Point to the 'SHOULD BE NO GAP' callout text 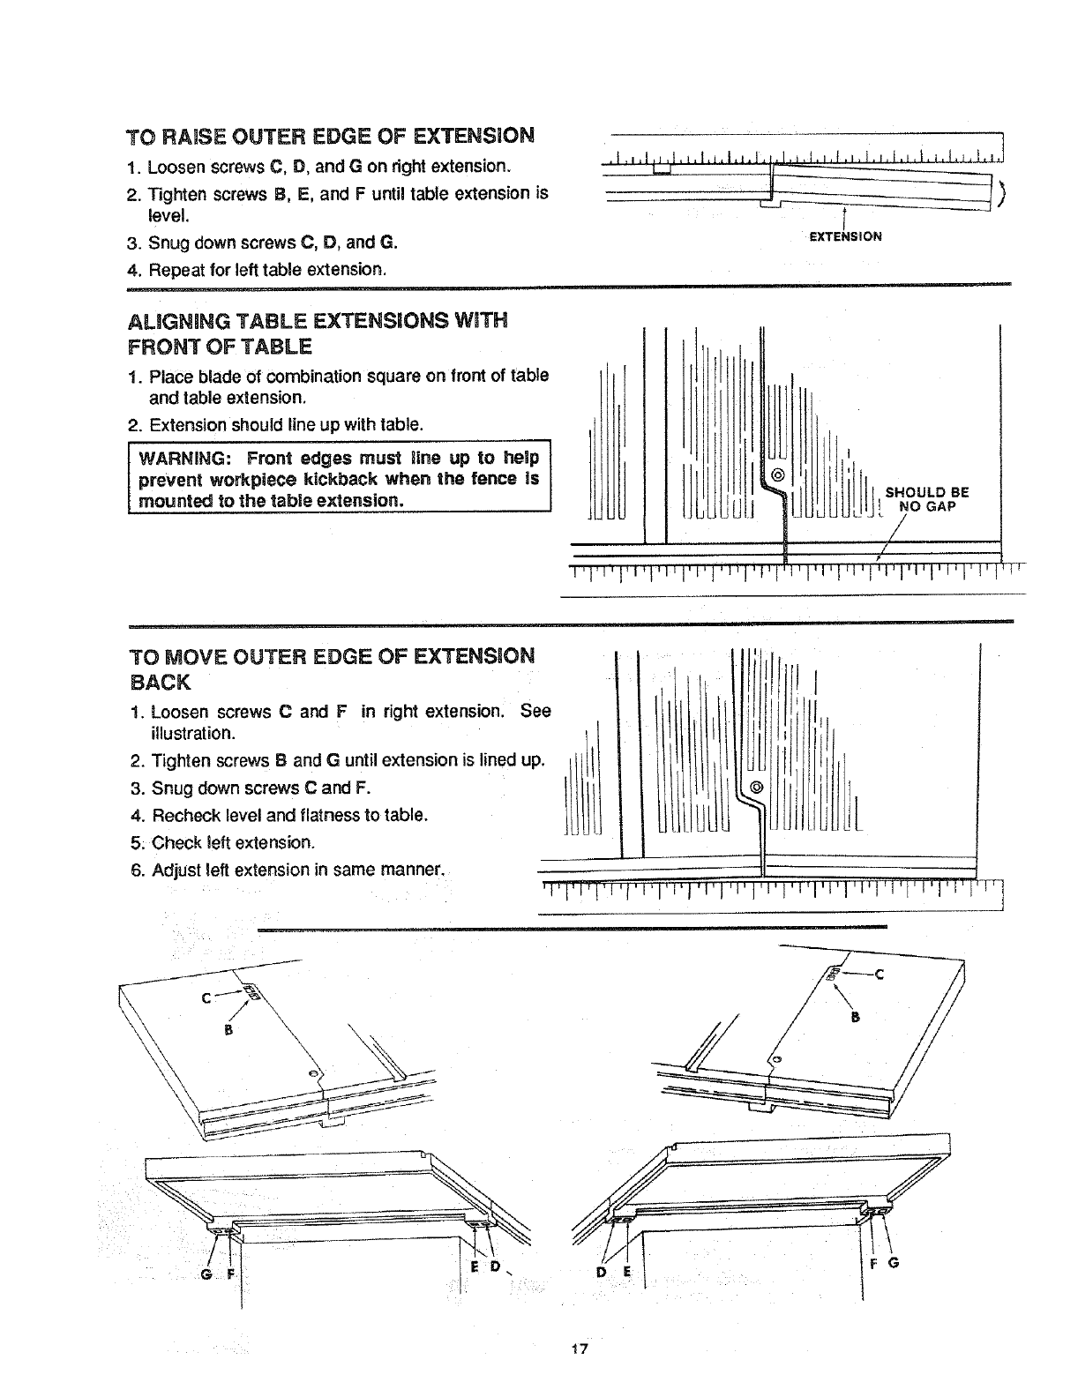point(926,500)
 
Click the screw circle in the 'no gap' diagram point(778,476)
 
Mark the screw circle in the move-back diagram point(755,787)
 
